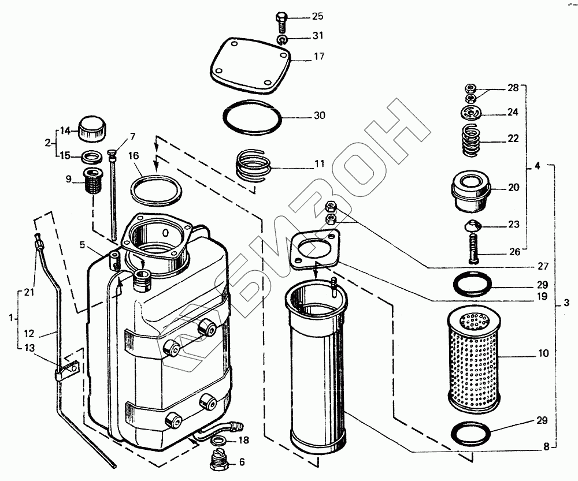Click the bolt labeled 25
click(x=281, y=22)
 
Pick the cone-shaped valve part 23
click(x=473, y=225)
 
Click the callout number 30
click(x=319, y=115)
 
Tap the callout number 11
click(x=319, y=165)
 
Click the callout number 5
click(x=83, y=245)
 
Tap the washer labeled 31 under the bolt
click(x=281, y=39)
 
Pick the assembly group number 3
click(x=566, y=302)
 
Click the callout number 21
click(x=28, y=293)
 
